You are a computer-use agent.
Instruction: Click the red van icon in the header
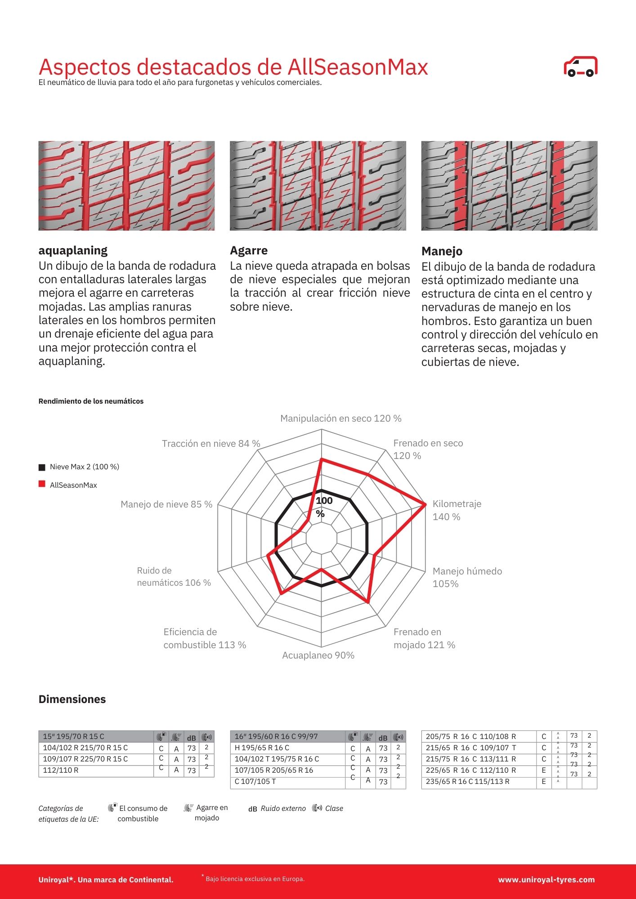(x=580, y=67)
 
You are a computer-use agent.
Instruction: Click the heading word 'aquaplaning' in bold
(x=73, y=250)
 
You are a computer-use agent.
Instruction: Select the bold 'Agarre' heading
(x=249, y=250)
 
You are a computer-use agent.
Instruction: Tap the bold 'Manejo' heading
(x=442, y=251)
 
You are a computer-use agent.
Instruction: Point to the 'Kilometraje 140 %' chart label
(x=457, y=510)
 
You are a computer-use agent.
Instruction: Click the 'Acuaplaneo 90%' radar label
(x=318, y=655)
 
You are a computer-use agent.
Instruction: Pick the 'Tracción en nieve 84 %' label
(x=211, y=444)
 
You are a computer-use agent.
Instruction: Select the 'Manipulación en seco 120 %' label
(x=340, y=418)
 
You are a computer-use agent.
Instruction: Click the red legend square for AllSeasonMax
(x=42, y=484)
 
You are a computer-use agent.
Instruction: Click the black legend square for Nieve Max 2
(x=42, y=467)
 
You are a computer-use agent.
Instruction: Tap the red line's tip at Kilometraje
(x=425, y=505)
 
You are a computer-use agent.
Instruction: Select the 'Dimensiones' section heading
(x=72, y=699)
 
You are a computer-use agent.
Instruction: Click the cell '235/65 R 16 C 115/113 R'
(x=467, y=781)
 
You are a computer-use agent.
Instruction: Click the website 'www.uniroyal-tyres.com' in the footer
(x=546, y=880)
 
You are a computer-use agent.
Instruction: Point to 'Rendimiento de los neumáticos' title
(x=91, y=401)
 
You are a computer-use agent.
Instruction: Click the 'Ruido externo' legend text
(x=283, y=808)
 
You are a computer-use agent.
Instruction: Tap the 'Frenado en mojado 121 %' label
(x=424, y=638)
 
